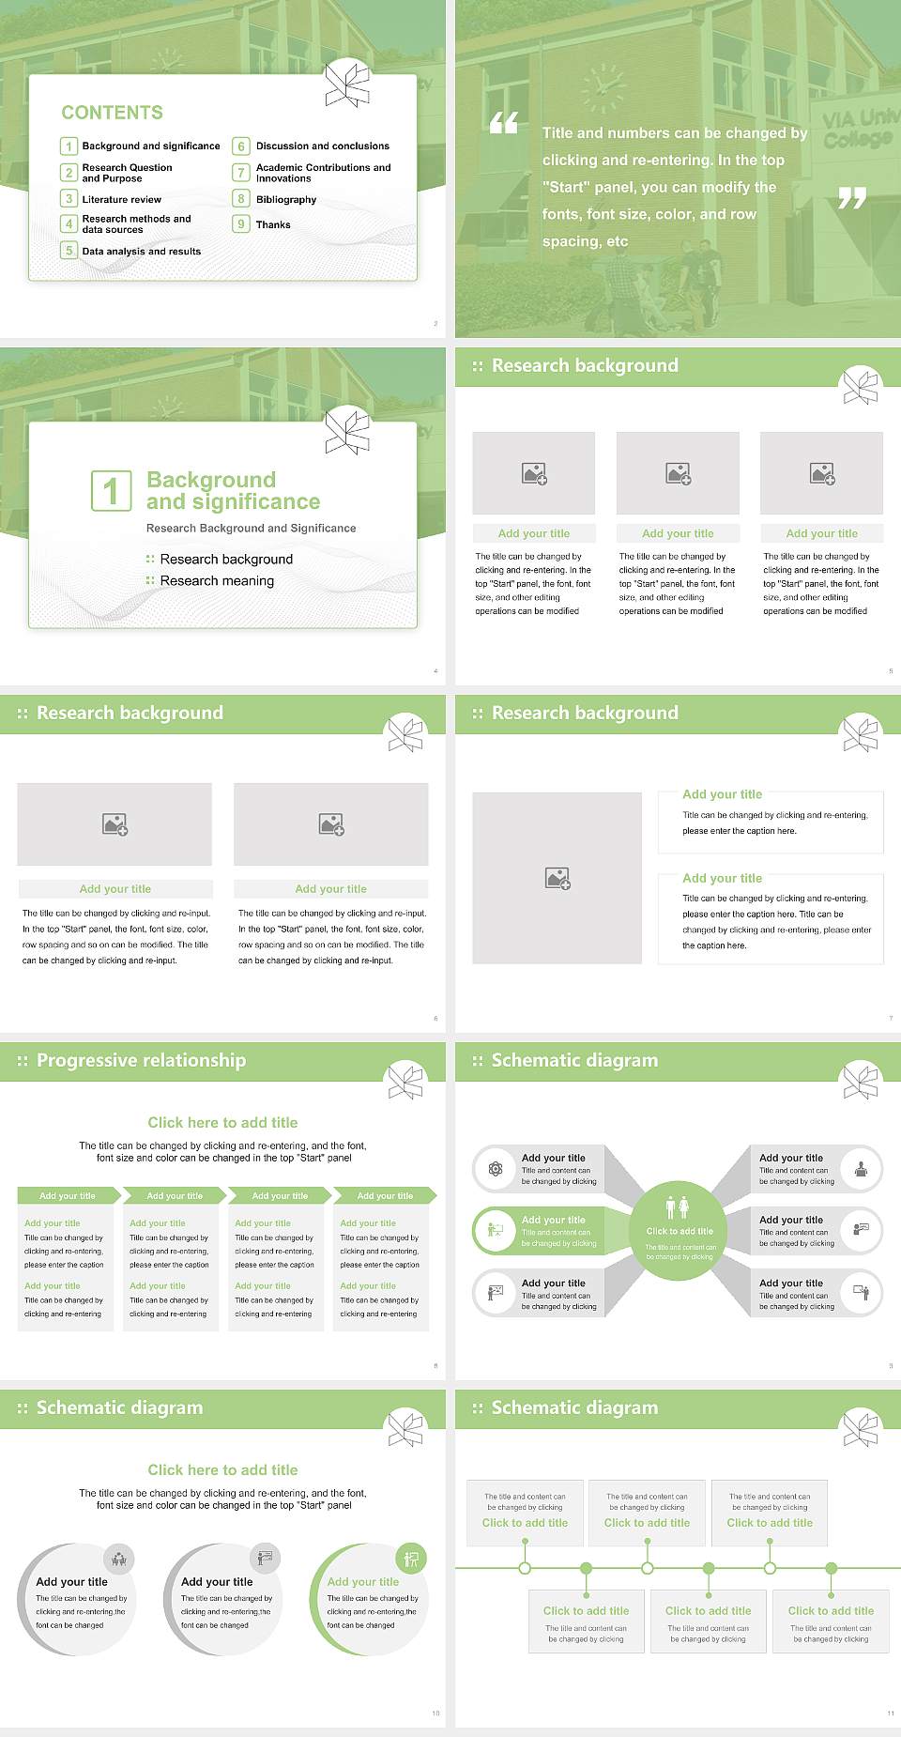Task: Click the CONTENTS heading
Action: [112, 113]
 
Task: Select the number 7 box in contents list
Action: [241, 173]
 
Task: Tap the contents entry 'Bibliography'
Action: [285, 200]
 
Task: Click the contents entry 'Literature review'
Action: [121, 200]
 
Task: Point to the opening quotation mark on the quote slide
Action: [504, 123]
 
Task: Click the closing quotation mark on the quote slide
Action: [851, 198]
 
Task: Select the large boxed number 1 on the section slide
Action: [111, 491]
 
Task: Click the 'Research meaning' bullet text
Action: [217, 581]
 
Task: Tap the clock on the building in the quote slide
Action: [603, 87]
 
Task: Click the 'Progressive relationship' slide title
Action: [141, 1061]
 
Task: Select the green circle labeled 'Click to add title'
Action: [679, 1230]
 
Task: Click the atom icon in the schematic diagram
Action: [496, 1169]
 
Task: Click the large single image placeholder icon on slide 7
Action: [557, 879]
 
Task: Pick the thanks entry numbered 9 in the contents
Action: [272, 225]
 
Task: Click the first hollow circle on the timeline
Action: [525, 1568]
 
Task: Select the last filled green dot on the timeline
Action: [831, 1568]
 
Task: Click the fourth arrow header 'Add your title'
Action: [385, 1196]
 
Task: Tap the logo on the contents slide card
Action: [347, 85]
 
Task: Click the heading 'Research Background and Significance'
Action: [251, 529]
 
